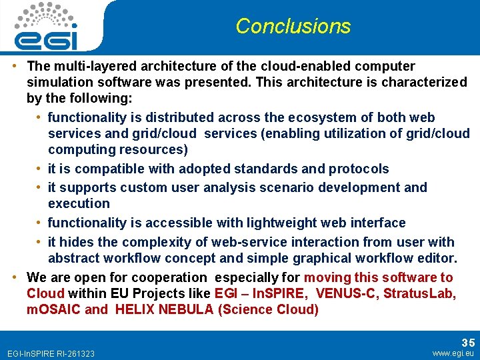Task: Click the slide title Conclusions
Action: (293, 26)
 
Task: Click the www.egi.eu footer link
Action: (453, 353)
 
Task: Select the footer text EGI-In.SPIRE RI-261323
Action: (50, 353)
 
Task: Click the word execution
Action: (79, 203)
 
